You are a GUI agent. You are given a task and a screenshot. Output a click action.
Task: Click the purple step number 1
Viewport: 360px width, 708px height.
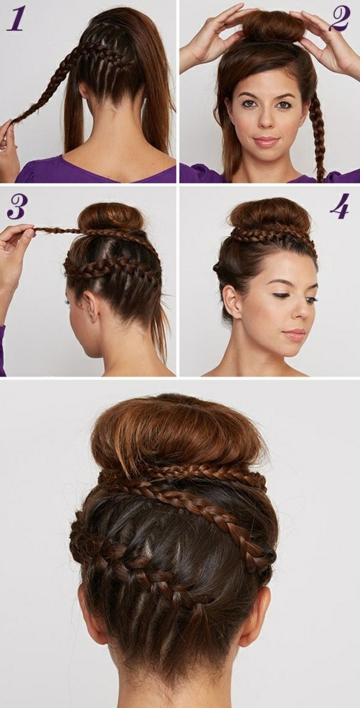point(14,20)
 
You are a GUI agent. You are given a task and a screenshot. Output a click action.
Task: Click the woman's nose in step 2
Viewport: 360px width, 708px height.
point(265,118)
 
